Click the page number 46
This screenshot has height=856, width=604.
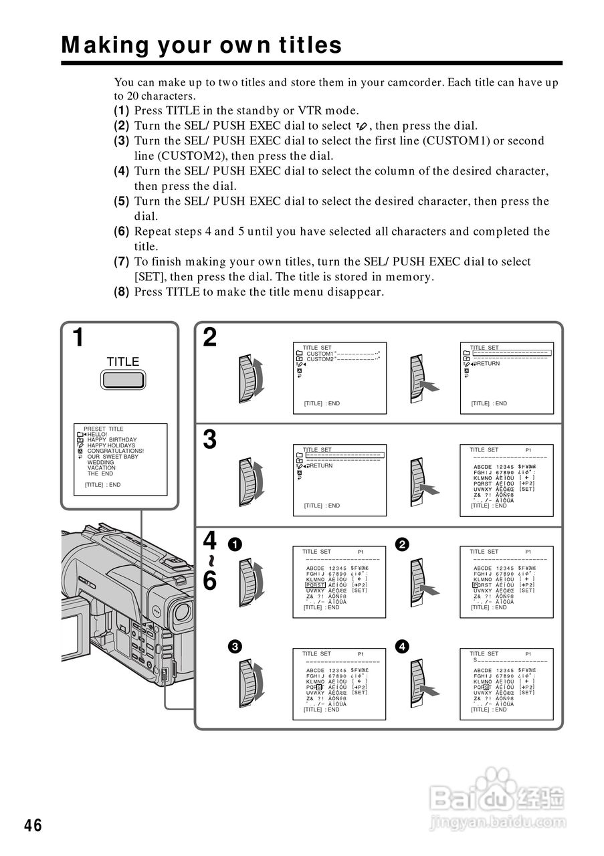tap(33, 826)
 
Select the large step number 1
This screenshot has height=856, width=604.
tap(78, 338)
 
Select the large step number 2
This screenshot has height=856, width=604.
tap(210, 338)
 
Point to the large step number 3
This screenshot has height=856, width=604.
tap(210, 439)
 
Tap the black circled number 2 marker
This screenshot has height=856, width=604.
tap(401, 544)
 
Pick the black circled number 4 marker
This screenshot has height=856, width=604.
tap(401, 646)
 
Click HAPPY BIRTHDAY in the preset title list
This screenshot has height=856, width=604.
tap(112, 440)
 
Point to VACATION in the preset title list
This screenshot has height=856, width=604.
tap(101, 468)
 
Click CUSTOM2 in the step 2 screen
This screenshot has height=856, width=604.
tap(320, 359)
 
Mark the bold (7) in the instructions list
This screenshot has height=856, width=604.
tap(121, 261)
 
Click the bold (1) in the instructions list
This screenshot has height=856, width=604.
tap(121, 111)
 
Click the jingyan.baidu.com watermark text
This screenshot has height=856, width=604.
tap(496, 821)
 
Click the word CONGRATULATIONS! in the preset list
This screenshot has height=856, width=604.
tap(116, 451)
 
